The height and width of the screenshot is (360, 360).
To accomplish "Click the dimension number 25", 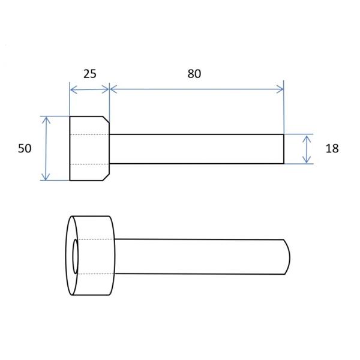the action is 90,74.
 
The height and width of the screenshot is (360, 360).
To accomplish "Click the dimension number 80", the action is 194,74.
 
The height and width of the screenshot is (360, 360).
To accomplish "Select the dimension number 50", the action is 25,149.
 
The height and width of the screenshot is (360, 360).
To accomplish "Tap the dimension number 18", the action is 332,149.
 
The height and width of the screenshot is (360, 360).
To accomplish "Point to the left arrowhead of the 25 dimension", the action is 73,89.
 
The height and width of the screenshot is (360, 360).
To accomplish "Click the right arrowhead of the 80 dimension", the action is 280,89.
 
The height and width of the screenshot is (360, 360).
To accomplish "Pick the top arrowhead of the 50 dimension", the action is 46,120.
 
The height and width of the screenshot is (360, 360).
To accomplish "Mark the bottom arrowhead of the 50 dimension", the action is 46,176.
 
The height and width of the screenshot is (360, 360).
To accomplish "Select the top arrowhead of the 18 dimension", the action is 307,139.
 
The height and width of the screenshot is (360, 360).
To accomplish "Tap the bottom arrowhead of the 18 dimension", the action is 307,160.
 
